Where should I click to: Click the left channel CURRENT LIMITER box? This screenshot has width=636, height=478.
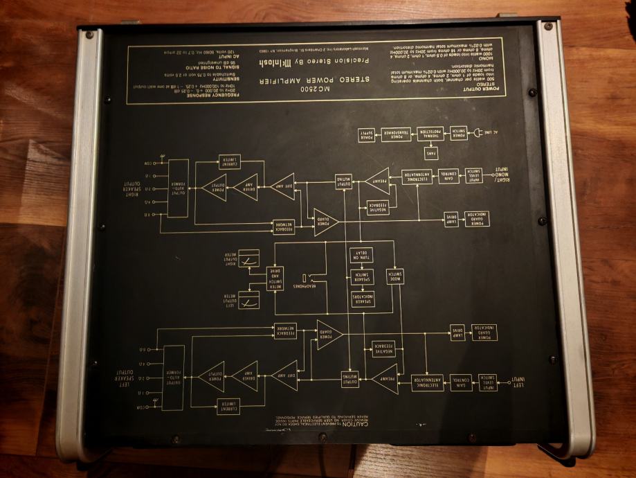228,407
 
